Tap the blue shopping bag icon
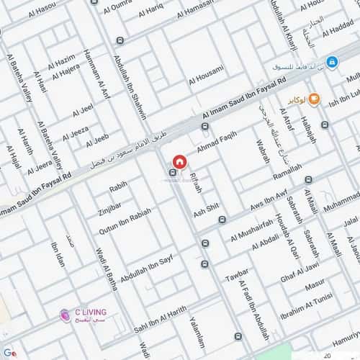[331, 63]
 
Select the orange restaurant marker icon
[314, 100]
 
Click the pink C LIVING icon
[65, 313]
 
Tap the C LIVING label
[91, 312]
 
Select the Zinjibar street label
[110, 211]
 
